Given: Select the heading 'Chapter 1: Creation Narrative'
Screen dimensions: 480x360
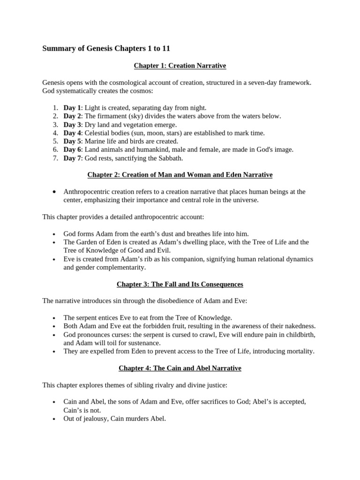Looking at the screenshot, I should pos(180,66).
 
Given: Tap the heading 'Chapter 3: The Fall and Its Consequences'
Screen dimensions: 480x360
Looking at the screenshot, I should pos(180,284).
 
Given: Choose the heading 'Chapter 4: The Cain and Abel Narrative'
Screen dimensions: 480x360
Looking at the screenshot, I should pos(180,368).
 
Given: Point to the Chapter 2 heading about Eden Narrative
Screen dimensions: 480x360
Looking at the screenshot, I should pos(180,175).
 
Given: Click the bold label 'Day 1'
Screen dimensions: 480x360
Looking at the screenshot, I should pos(72,108).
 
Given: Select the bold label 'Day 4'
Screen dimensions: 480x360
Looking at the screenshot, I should pos(72,133).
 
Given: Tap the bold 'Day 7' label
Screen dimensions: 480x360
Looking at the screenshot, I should pos(72,158).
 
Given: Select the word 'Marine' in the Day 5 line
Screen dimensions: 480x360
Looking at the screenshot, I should pos(95,141).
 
